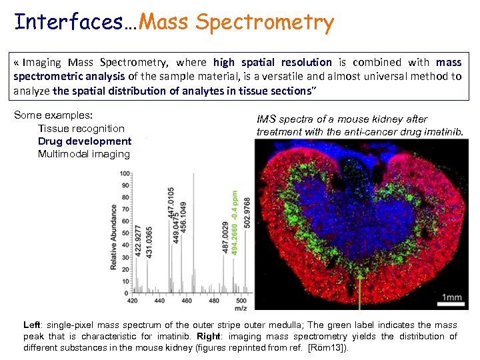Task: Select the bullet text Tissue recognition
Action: coord(81,128)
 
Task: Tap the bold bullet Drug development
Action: coord(85,141)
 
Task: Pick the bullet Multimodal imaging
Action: coord(84,154)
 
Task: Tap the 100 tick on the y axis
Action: coord(125,174)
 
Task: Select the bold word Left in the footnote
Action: coord(32,325)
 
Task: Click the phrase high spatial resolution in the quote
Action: coord(272,62)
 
